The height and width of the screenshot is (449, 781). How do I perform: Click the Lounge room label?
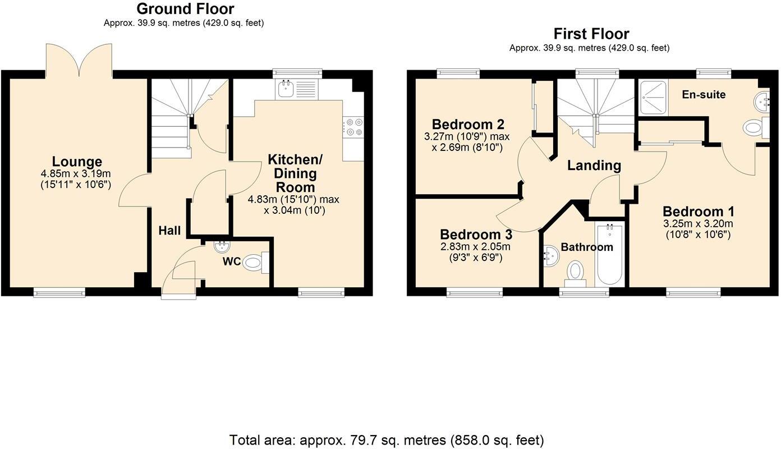[x=77, y=162]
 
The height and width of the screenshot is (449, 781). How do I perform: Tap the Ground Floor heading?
[x=185, y=8]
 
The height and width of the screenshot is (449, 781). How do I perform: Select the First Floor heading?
[x=591, y=34]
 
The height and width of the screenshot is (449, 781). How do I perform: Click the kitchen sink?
[x=297, y=89]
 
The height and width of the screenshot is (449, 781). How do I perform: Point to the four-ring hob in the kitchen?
[x=353, y=127]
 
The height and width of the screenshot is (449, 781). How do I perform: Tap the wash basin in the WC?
[x=222, y=246]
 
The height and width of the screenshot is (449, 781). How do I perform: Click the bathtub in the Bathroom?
[x=610, y=255]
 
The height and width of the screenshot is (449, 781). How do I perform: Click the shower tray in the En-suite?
[x=654, y=97]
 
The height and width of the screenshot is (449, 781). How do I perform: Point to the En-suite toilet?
[x=756, y=128]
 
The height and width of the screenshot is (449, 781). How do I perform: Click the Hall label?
[x=169, y=230]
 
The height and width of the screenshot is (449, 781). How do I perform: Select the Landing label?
[x=594, y=166]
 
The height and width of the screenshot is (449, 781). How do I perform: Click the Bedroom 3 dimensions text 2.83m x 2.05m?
[x=475, y=246]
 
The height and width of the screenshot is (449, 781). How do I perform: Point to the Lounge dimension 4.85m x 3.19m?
[x=76, y=173]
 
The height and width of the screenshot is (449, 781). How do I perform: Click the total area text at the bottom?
[x=387, y=440]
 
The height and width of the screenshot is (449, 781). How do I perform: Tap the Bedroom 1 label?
[x=699, y=212]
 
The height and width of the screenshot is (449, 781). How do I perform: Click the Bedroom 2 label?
[x=468, y=124]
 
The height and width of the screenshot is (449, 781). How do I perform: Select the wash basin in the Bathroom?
[x=551, y=256]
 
